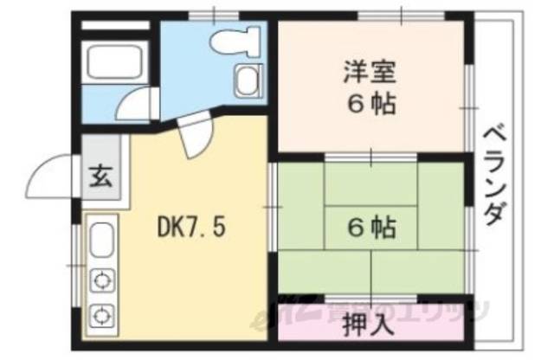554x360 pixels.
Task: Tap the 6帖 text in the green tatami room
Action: pyautogui.click(x=373, y=228)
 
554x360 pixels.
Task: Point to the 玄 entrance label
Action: pyautogui.click(x=100, y=181)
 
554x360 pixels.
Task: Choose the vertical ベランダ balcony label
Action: pyautogui.click(x=494, y=173)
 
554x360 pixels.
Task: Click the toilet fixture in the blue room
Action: pyautogui.click(x=238, y=40)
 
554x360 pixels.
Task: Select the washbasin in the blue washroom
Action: pyautogui.click(x=246, y=81)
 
